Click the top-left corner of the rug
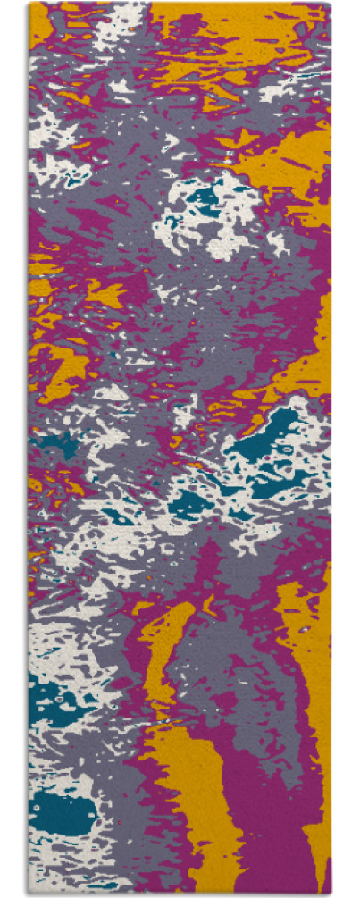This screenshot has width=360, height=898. [29, 4]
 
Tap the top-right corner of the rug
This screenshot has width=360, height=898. [330, 4]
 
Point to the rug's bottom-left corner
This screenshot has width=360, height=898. [29, 894]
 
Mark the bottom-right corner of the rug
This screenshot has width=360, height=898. [330, 894]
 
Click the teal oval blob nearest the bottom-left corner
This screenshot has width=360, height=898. [63, 813]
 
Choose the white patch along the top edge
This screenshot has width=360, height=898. [125, 18]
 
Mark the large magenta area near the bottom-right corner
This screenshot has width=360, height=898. [268, 831]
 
